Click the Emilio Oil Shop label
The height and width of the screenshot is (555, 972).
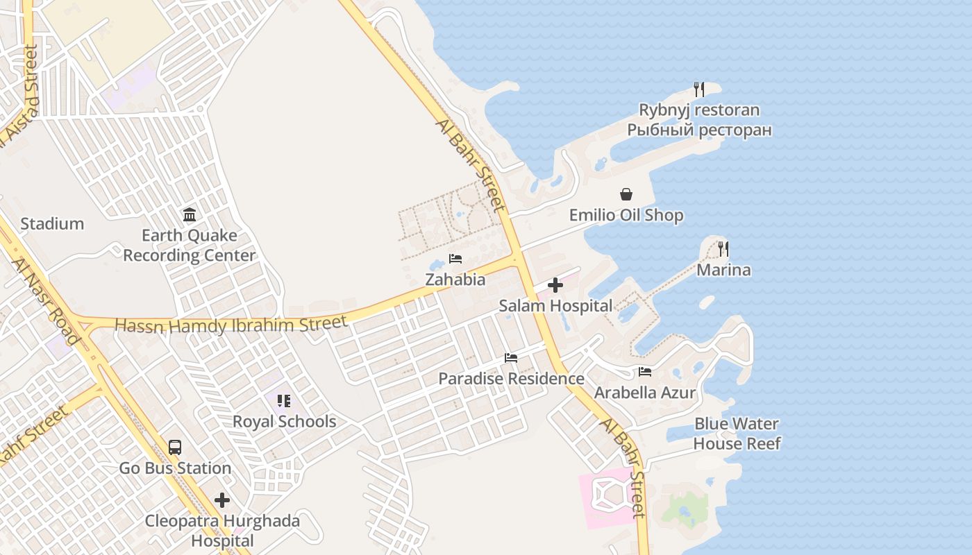click(x=626, y=215)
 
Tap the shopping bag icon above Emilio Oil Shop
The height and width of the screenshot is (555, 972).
click(x=626, y=194)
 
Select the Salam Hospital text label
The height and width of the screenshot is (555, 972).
click(x=555, y=305)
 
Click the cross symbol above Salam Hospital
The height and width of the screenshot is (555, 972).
click(x=555, y=285)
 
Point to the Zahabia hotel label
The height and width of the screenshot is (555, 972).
click(x=455, y=280)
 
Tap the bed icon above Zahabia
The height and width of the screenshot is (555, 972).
click(x=455, y=259)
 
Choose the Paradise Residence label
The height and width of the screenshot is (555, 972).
click(x=511, y=379)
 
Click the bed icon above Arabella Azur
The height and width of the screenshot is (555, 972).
click(x=645, y=372)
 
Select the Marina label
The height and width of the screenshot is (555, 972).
click(x=723, y=270)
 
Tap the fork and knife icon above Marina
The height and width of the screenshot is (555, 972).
click(x=723, y=248)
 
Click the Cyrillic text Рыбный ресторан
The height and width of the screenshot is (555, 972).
click(x=699, y=130)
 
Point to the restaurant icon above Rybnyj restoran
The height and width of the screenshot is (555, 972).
click(x=699, y=89)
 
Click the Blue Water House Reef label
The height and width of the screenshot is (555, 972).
click(x=737, y=434)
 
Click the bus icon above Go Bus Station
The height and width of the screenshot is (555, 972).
click(x=175, y=447)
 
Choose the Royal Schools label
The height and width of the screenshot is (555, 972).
click(x=284, y=421)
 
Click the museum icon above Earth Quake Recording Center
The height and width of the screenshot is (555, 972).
click(x=190, y=215)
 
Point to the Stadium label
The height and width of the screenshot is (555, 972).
click(x=52, y=223)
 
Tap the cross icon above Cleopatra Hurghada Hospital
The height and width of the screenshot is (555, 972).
click(x=222, y=500)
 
